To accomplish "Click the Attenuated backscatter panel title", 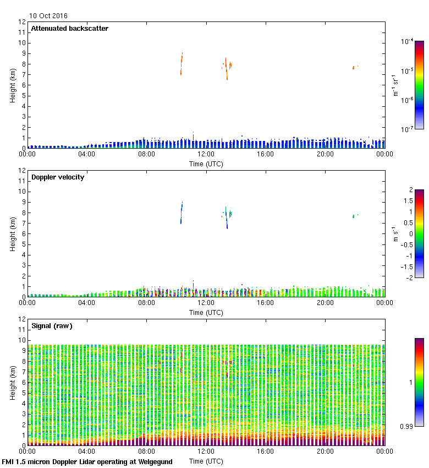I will tap(70, 29).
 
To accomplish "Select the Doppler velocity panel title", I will tap(58, 177).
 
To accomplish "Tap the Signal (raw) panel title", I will tap(52, 326).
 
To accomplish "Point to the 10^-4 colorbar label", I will tap(408, 41).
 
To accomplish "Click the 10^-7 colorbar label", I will tap(408, 129).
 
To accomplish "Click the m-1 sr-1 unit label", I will tap(395, 85).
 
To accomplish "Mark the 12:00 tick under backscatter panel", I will tap(206, 154).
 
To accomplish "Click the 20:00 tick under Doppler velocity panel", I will tap(325, 303).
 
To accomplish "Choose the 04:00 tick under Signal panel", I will tap(87, 451).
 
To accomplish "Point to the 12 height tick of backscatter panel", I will tap(22, 22).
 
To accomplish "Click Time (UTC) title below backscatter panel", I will tap(206, 164).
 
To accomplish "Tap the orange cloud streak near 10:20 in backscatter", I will tap(182, 64).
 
